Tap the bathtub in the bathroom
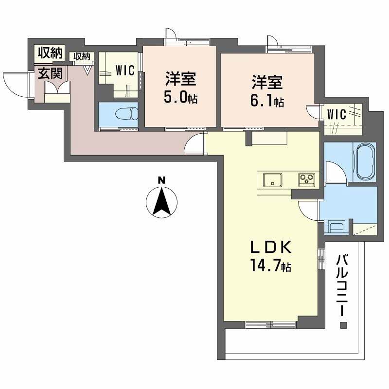point(364,161)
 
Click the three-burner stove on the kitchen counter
point(307,179)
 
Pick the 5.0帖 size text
point(180,98)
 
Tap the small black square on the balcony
point(344,325)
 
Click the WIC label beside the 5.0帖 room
point(124,71)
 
